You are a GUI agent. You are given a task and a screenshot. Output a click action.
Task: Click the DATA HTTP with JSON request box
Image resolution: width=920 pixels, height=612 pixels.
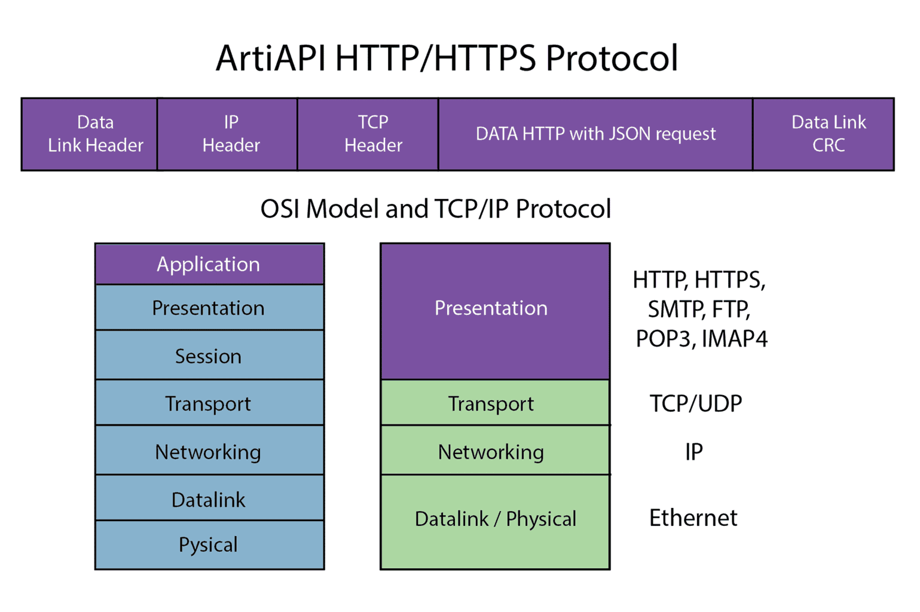[x=595, y=134]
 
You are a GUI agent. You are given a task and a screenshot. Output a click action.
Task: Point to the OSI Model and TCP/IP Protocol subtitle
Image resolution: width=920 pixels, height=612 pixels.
[x=435, y=209]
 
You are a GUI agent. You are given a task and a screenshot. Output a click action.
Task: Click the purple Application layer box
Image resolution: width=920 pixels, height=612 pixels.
[x=209, y=264]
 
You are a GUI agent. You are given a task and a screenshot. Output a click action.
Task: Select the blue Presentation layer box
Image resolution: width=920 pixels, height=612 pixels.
[x=209, y=308]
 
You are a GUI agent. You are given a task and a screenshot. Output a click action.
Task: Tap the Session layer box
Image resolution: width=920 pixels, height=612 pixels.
[x=209, y=356]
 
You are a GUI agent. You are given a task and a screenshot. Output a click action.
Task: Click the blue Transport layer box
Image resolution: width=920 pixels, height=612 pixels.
[x=209, y=403]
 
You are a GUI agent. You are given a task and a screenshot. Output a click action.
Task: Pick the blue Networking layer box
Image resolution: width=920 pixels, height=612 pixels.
[x=209, y=451]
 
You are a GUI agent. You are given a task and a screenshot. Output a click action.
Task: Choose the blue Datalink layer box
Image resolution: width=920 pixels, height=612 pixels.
[x=209, y=499]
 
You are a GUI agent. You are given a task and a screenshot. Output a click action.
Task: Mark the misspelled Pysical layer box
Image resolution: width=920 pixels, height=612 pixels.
[x=209, y=544]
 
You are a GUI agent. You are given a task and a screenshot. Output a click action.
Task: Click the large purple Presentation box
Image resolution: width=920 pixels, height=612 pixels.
[x=495, y=311]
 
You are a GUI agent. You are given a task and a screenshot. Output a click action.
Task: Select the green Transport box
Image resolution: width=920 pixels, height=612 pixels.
[x=495, y=403]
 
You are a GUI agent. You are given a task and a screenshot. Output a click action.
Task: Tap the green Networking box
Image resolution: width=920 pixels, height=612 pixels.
[x=495, y=451]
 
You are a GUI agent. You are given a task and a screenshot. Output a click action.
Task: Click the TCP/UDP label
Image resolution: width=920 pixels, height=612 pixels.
[x=695, y=403]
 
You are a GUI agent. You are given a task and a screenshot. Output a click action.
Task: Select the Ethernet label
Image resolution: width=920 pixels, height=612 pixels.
[x=693, y=518]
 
